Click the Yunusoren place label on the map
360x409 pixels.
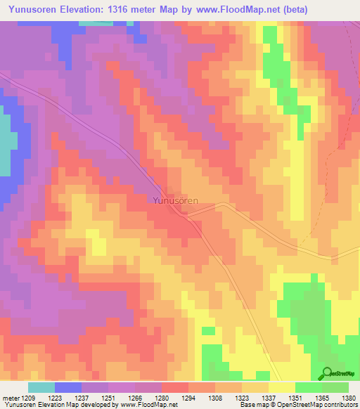[176, 200]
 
